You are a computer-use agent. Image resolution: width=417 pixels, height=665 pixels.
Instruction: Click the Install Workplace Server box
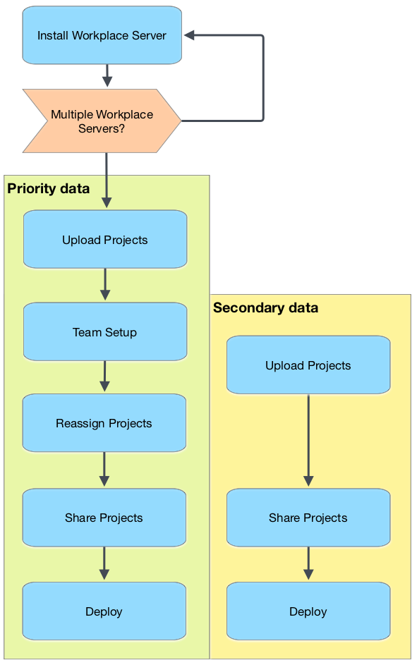pos(102,35)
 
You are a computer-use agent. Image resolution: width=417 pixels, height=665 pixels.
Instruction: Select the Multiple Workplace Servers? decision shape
pos(102,121)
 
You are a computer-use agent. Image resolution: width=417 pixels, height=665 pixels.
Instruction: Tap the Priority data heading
pos(49,188)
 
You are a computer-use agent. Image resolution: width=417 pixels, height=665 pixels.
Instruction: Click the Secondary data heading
pos(265,307)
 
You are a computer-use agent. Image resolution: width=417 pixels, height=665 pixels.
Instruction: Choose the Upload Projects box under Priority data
pos(105,240)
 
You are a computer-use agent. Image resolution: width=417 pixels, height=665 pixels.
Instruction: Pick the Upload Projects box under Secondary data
pos(308,365)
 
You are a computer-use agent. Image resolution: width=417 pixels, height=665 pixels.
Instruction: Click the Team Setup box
pos(105,332)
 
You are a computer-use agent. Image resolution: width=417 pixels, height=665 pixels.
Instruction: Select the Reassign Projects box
pos(104,423)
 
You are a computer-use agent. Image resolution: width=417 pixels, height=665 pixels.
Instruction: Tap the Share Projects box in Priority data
pos(104,518)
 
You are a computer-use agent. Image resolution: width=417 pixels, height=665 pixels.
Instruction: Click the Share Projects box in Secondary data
pos(308,518)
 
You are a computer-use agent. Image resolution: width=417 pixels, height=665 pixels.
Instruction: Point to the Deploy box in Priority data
pos(104,611)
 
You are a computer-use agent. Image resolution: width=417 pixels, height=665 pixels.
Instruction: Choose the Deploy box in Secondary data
pos(308,611)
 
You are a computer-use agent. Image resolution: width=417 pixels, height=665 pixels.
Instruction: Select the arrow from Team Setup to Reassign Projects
pos(105,377)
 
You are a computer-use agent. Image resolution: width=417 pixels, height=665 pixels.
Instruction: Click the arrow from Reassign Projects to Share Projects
pos(104,469)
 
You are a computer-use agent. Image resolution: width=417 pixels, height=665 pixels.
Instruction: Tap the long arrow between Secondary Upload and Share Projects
pos(308,440)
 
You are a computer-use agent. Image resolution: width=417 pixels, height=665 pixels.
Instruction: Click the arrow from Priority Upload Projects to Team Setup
pos(105,284)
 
